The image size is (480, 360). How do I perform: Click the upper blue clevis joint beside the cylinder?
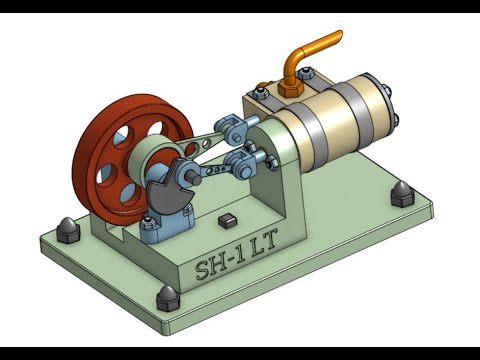click(236, 128)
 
